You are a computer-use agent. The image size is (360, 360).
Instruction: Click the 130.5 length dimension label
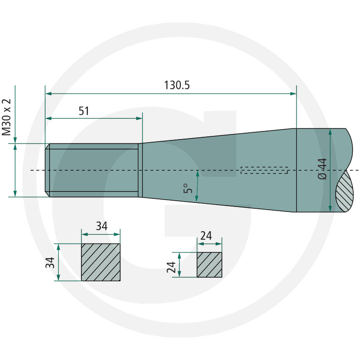[x=177, y=85]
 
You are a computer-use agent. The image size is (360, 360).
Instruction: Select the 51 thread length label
[x=84, y=111]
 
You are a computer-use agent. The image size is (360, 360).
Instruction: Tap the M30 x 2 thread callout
[x=6, y=117]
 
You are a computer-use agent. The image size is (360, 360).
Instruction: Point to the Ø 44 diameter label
[x=323, y=169]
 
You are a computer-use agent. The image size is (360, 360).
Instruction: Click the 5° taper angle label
[x=188, y=188]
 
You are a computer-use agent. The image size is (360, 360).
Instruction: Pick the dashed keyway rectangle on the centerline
[x=264, y=170]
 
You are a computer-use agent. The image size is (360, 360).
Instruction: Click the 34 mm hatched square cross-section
[x=101, y=262]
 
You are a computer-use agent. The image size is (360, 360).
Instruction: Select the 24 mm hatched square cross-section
[x=209, y=265]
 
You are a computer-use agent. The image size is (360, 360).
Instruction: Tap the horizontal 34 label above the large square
[x=102, y=226]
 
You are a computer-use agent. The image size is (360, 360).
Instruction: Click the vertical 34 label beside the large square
[x=50, y=263]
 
